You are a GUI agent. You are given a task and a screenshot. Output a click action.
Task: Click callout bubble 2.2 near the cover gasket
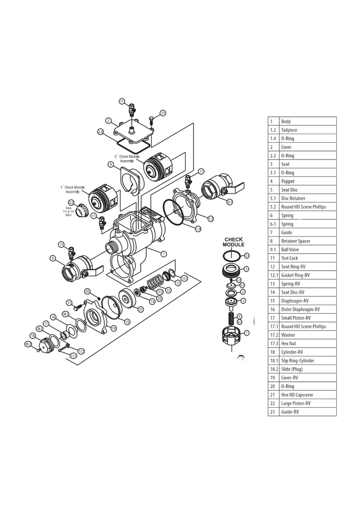100,132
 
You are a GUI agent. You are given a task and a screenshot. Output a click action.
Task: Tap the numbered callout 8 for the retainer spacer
111,165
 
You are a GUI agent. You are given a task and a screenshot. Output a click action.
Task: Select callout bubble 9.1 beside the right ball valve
230,202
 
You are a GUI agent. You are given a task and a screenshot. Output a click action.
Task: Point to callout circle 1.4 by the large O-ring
198,229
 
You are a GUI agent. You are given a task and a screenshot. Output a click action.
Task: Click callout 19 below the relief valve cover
114,328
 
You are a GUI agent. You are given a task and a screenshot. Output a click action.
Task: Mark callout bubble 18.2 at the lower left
28,343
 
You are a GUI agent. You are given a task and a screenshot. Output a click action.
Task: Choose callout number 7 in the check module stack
247,333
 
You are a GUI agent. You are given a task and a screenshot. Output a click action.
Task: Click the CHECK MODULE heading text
233,242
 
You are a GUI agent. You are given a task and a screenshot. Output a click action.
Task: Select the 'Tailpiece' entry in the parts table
289,130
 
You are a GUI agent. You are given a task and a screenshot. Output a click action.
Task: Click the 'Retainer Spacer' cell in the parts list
296,241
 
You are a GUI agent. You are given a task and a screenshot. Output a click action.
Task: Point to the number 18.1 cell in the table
273,360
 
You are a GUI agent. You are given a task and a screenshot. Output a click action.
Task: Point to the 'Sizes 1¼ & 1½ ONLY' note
69,211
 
